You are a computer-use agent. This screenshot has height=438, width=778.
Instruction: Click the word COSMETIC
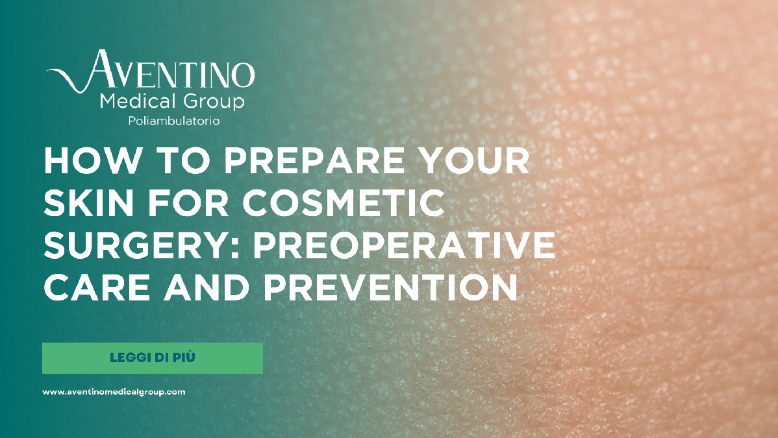pos(344,203)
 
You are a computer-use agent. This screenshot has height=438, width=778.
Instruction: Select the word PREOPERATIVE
pos(405,245)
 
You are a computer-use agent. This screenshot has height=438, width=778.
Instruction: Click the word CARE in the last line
pos(97,288)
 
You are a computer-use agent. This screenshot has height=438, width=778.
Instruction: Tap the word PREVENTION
pos(391,288)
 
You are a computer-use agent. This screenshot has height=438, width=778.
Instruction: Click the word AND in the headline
pos(207,288)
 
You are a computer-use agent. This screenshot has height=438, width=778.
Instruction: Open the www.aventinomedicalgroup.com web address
pos(114,392)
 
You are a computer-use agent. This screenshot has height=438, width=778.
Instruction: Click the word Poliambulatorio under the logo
pos(173,121)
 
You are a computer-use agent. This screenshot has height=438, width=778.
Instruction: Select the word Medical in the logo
pos(138,101)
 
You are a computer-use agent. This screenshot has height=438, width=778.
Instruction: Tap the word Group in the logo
pos(214,102)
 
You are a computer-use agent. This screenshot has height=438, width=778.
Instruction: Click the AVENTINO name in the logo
pos(170,71)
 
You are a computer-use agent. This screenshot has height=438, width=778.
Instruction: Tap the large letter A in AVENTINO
pos(102,69)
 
